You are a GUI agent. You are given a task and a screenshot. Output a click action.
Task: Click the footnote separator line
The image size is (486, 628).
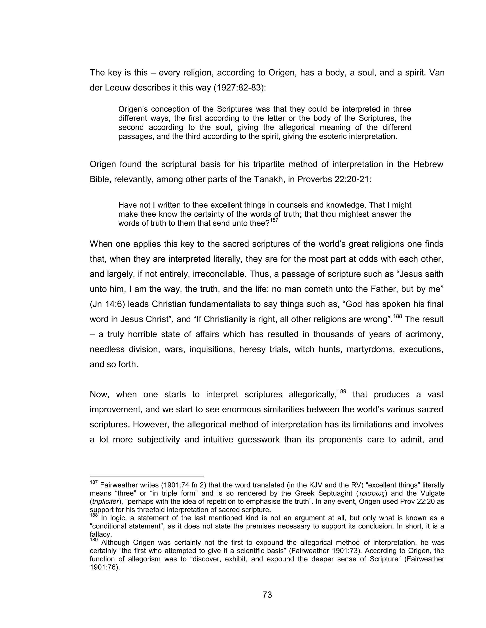point(147,476)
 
